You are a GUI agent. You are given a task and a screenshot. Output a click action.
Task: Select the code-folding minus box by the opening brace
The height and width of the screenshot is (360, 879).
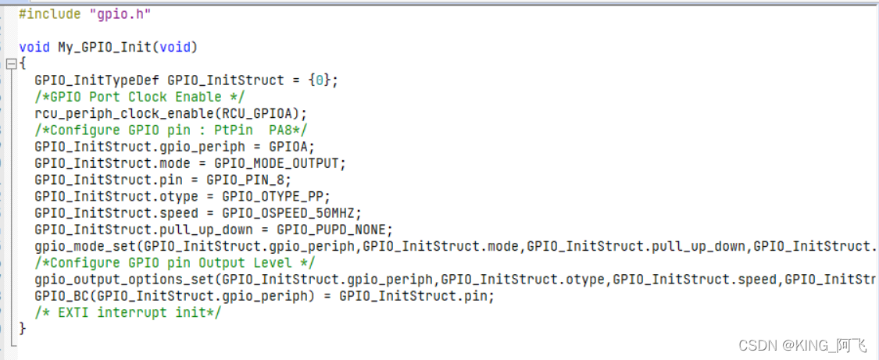tap(11, 64)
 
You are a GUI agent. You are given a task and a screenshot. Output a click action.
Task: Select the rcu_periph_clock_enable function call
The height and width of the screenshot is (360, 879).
tap(124, 113)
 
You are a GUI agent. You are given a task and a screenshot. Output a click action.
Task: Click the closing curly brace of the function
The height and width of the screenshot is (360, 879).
tap(23, 329)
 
